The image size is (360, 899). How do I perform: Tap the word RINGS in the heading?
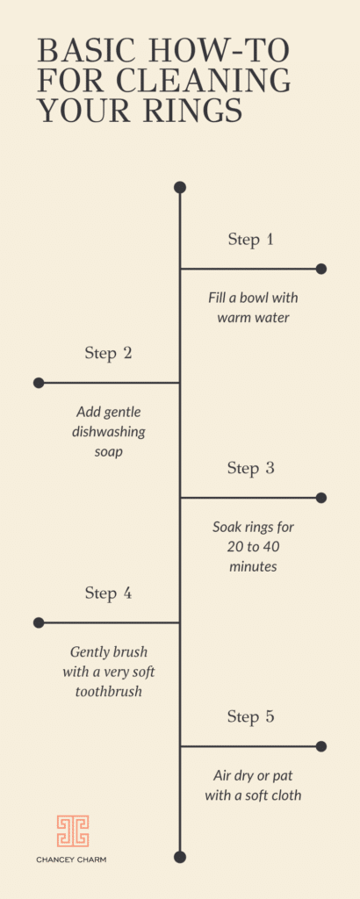pyautogui.click(x=194, y=111)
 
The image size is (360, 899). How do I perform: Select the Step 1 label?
pyautogui.click(x=250, y=240)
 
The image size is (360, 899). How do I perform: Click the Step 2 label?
pyautogui.click(x=108, y=353)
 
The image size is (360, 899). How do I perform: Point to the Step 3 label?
pyautogui.click(x=251, y=468)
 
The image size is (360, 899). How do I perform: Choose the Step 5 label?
pyautogui.click(x=251, y=716)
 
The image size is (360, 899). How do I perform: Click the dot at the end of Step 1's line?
pyautogui.click(x=321, y=269)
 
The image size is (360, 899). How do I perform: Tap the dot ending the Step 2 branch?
pyautogui.click(x=39, y=383)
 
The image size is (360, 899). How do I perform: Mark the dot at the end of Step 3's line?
pyautogui.click(x=321, y=498)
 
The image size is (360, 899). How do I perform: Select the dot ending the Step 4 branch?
pyautogui.click(x=39, y=622)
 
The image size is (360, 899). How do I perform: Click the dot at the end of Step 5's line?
pyautogui.click(x=321, y=746)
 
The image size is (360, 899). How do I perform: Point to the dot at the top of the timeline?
pyautogui.click(x=180, y=188)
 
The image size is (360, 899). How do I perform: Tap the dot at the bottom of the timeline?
pyautogui.click(x=180, y=857)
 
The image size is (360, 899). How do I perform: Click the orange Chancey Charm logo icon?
pyautogui.click(x=73, y=831)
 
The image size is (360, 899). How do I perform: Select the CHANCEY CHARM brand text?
pyautogui.click(x=71, y=860)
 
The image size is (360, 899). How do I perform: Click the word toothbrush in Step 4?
pyautogui.click(x=108, y=692)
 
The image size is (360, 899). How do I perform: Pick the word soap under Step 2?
pyautogui.click(x=108, y=452)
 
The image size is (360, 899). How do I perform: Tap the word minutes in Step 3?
pyautogui.click(x=253, y=566)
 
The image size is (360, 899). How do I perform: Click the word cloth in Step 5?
pyautogui.click(x=284, y=795)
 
